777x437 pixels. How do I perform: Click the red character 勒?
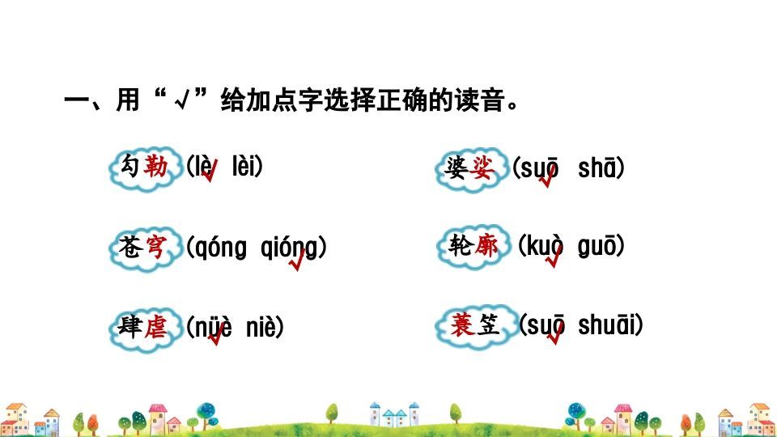(x=156, y=168)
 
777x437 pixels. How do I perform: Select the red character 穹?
(x=156, y=247)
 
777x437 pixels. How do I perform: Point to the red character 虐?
(x=156, y=327)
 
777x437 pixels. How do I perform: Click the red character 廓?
(x=486, y=246)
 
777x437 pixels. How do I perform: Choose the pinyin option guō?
(x=597, y=246)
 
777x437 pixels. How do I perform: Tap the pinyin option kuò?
(x=546, y=246)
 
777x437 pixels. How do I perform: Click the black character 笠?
(x=488, y=325)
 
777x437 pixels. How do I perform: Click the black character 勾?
(x=129, y=168)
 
